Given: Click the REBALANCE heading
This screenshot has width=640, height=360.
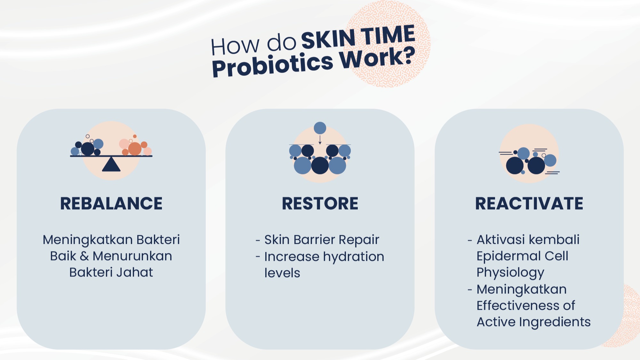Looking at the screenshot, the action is click(x=111, y=204).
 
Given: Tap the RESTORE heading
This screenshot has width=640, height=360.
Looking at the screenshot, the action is click(x=320, y=204).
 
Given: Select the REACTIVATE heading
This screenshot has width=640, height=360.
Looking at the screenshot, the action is click(x=529, y=204).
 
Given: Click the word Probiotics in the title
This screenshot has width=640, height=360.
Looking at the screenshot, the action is click(x=273, y=65).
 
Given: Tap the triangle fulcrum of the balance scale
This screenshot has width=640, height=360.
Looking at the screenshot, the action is click(x=111, y=164).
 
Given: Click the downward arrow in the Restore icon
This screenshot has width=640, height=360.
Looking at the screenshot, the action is click(x=320, y=140).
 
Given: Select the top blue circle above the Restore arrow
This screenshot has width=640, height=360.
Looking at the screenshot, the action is click(x=320, y=128).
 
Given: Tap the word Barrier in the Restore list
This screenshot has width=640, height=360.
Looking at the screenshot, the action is click(x=314, y=240).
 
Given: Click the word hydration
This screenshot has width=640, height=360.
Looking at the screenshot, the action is click(x=354, y=257).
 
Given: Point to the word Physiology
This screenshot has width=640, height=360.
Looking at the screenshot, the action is click(x=510, y=273).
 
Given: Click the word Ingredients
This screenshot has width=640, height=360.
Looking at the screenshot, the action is click(x=555, y=322).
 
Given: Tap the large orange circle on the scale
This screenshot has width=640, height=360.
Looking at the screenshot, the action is click(x=135, y=149).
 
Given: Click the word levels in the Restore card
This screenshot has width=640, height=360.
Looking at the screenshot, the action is click(x=282, y=273).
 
